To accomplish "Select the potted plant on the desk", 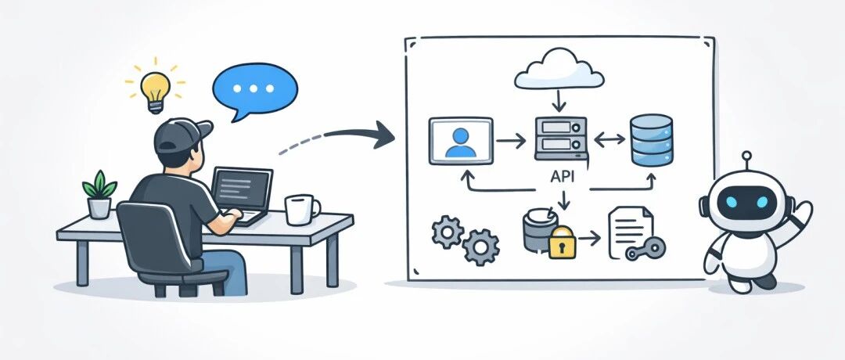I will [x=99, y=194].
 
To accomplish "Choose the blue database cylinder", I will [x=651, y=140].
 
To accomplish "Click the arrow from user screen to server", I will [x=511, y=141].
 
